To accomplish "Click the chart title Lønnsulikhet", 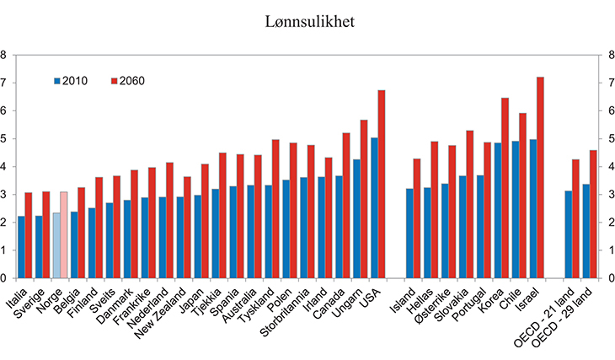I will (307, 21).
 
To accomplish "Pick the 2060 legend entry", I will (127, 81).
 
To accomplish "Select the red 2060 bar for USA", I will (382, 184).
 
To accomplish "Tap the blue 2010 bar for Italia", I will (20, 246).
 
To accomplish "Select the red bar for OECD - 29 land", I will (594, 213).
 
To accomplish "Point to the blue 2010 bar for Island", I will (410, 233).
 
